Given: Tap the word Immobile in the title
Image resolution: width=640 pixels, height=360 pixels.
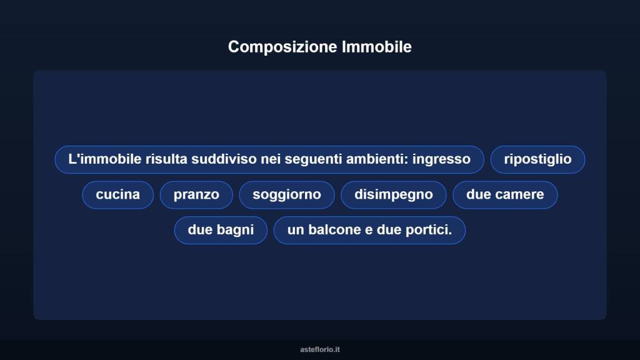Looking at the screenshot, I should coord(377,47).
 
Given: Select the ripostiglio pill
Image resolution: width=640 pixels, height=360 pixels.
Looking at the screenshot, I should coord(537,159).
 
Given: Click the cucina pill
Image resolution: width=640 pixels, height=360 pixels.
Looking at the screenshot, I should coord(117,194).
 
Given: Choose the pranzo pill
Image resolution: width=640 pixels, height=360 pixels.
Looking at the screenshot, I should coord(196,194).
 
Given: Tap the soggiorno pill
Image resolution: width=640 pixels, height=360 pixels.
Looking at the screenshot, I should coord(287,194).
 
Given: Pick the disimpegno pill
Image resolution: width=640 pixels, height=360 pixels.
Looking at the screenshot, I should coord(394,194).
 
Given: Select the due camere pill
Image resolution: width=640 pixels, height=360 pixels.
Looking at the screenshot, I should coord(505,194).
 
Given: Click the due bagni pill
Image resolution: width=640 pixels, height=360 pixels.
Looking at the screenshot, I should coord(221,229).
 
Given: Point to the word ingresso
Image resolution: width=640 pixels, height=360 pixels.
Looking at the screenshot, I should coord(441,159).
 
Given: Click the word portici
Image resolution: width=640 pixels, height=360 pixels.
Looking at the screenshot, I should coord(429,229).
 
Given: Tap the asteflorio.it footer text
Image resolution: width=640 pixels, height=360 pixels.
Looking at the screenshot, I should coord(320,349).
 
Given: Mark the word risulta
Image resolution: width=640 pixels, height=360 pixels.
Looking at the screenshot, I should coord(166,159).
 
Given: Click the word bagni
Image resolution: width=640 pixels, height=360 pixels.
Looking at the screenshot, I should coord(235,229).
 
